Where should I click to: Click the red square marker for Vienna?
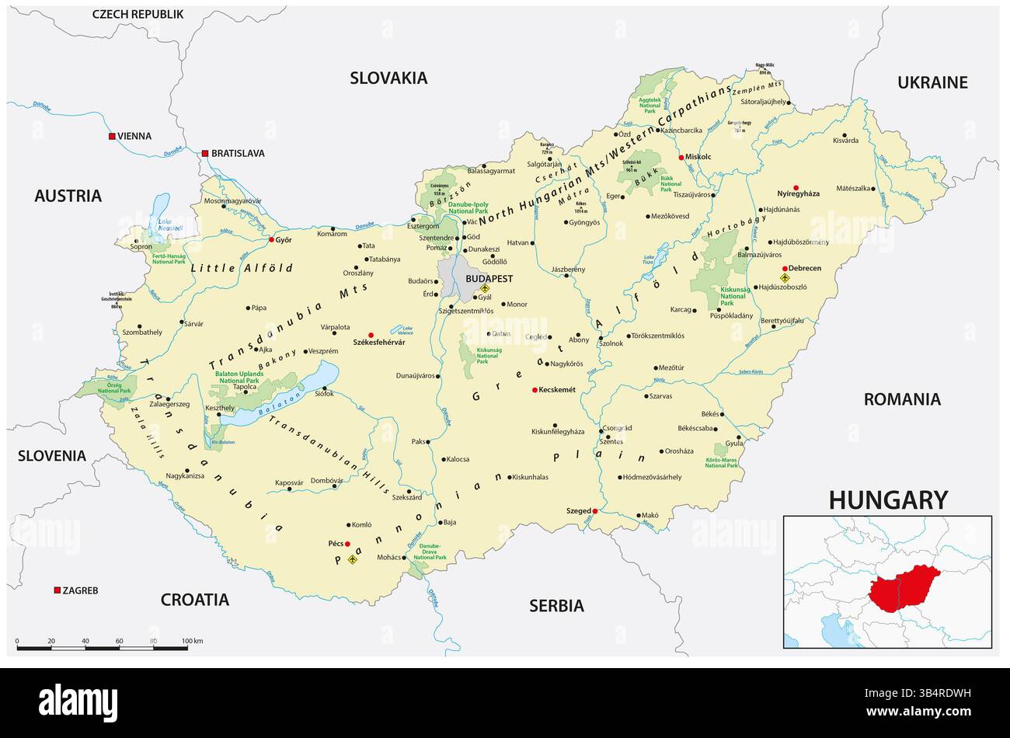point(112,136)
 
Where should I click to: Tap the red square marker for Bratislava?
point(205,153)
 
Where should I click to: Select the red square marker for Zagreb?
point(57,590)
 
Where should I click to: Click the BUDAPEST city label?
point(489,278)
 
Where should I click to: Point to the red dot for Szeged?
point(595,510)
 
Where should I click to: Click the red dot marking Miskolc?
point(681,157)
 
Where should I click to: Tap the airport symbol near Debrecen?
point(785,277)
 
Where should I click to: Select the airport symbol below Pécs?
point(353,559)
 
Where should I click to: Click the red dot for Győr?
point(271,240)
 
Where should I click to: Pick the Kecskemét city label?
point(557,390)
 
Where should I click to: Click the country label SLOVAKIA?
point(388,78)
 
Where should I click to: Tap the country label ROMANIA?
point(902,399)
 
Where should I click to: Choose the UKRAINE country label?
point(932,82)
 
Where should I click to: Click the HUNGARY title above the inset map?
point(888,500)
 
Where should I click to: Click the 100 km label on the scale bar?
point(192,641)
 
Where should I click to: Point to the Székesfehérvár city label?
point(357,343)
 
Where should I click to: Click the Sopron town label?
point(141,246)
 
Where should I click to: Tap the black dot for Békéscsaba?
point(716,428)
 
